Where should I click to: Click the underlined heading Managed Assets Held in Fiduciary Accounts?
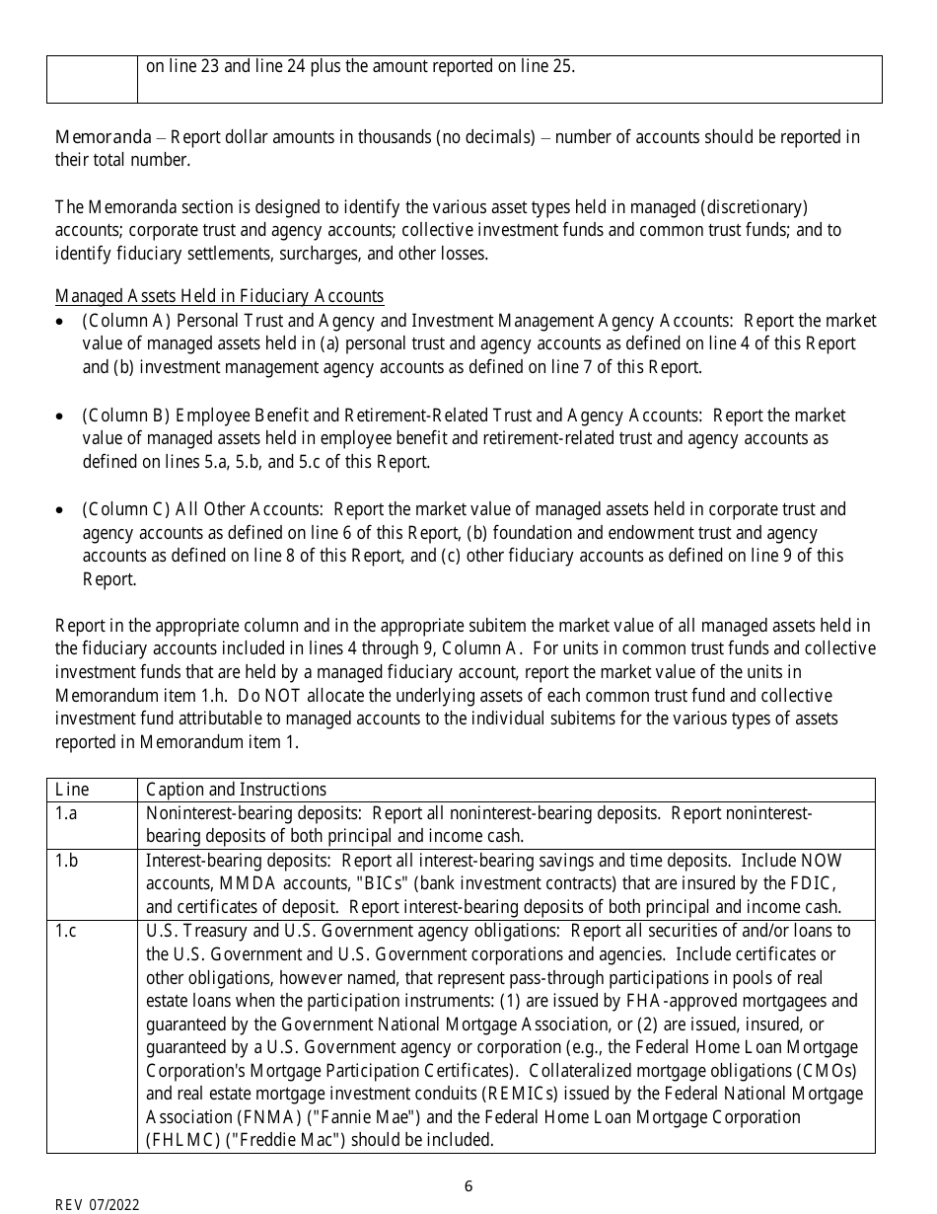click(x=219, y=296)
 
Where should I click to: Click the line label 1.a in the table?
click(x=66, y=812)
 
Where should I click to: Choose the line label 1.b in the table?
click(x=66, y=860)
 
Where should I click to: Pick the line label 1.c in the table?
click(x=66, y=931)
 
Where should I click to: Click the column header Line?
click(x=71, y=790)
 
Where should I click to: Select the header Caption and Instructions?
click(x=236, y=790)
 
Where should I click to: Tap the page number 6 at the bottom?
click(x=468, y=1185)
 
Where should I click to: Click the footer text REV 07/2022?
click(x=97, y=1204)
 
